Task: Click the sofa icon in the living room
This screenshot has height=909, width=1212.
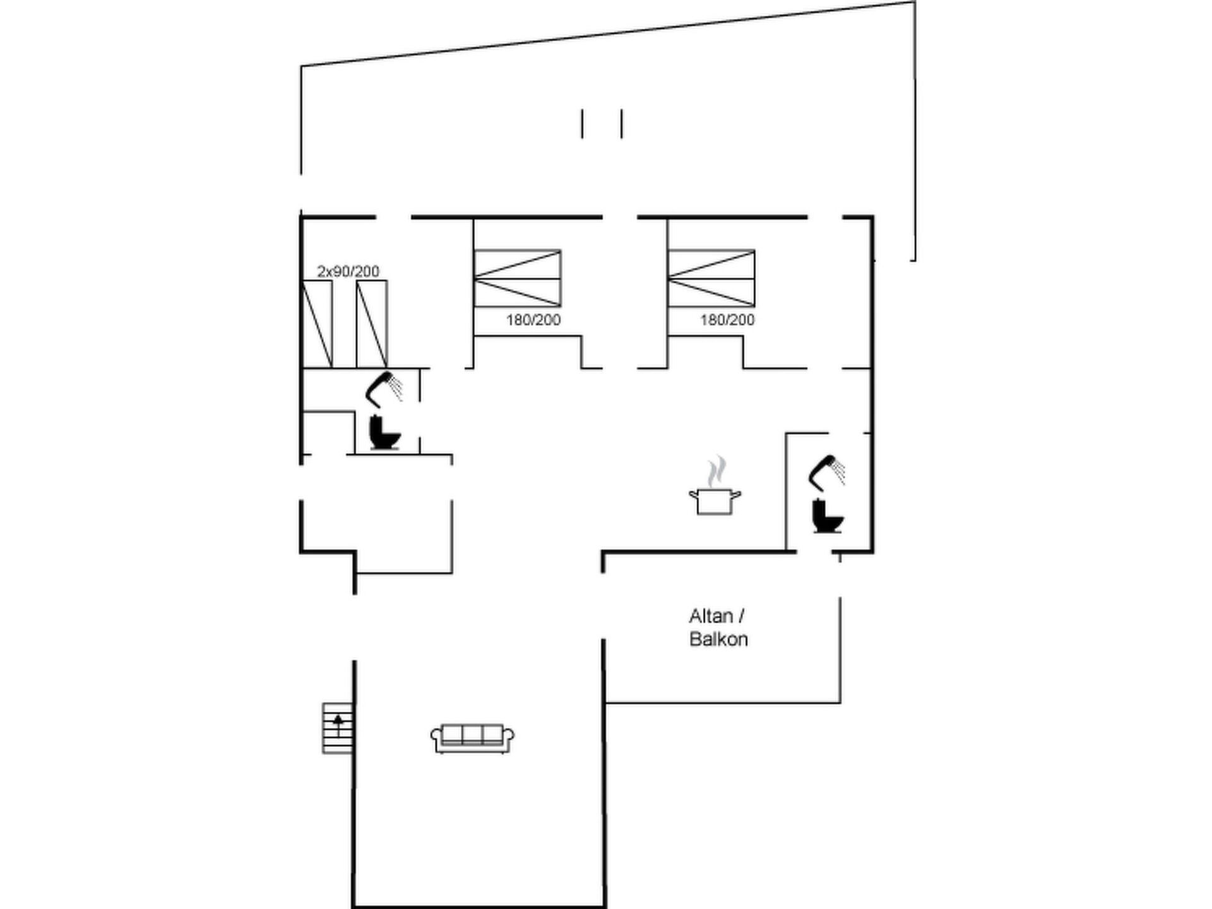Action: [472, 739]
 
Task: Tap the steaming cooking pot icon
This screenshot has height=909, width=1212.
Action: [715, 486]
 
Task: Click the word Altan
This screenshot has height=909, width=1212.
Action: [711, 615]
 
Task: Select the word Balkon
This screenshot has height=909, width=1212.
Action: [718, 639]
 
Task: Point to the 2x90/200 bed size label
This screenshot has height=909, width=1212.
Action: [348, 271]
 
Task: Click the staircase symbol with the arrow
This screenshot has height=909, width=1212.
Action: [338, 728]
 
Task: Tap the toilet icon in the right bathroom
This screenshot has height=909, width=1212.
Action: [828, 516]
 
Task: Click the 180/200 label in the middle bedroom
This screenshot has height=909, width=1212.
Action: [533, 320]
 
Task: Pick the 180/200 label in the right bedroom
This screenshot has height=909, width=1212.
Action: [727, 320]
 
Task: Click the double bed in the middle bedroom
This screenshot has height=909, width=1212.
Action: [517, 278]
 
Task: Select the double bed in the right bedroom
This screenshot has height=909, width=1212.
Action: [711, 278]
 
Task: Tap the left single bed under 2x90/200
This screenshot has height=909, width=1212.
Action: [318, 324]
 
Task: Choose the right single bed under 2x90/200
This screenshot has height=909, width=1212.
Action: [372, 324]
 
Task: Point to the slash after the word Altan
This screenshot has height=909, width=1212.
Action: [742, 615]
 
